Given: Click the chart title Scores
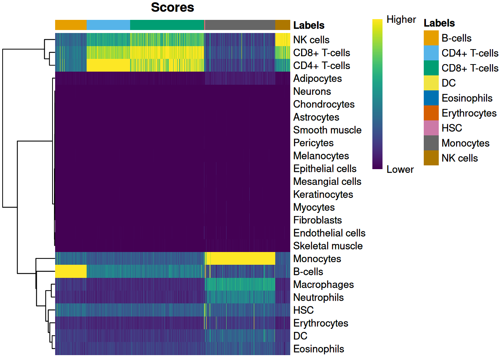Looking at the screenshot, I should (172, 7).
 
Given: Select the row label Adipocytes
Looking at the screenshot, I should (317, 78).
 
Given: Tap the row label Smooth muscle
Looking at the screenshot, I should (327, 130).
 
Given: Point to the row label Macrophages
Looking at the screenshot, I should (323, 285).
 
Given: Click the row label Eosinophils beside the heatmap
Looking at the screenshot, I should (318, 349).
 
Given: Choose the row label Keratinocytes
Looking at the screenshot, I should (323, 194).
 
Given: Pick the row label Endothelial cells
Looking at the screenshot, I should (329, 233).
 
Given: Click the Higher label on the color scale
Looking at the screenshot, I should (401, 19).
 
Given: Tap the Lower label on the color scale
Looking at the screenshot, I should (400, 169).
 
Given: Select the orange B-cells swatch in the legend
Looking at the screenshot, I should (431, 38).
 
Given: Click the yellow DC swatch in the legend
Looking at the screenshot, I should (431, 83).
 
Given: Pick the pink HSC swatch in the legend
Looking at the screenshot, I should (431, 128).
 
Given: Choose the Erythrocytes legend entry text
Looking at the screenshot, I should (469, 113).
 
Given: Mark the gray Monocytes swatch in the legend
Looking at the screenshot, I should (431, 143).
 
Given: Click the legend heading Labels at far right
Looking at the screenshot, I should (439, 23).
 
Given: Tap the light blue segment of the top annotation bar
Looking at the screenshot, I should (108, 25).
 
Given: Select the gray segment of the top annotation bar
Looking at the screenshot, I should (240, 25).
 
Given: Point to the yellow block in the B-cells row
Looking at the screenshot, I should (71, 271).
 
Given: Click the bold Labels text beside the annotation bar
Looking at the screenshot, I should (309, 25).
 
